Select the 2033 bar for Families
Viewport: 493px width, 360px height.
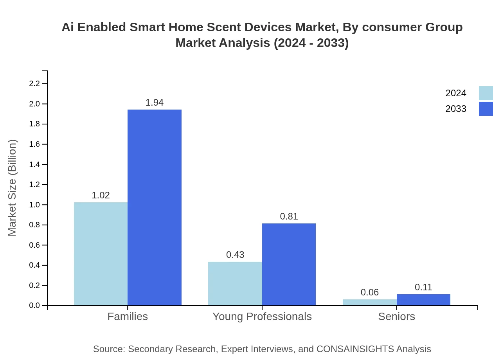[x=155, y=207]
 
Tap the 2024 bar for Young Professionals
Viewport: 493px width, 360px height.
[x=235, y=283]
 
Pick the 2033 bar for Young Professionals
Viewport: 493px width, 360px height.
[x=289, y=264]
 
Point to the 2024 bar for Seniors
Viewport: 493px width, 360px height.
[x=369, y=302]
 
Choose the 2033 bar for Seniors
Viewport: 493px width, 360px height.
[x=423, y=300]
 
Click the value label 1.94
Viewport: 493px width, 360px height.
[x=155, y=103]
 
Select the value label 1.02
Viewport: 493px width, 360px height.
[x=101, y=195]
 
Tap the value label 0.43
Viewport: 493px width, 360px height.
[x=235, y=255]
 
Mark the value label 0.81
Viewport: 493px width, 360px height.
[x=289, y=216]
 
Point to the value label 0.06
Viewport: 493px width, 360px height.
[x=369, y=292]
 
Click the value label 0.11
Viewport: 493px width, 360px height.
[x=423, y=287]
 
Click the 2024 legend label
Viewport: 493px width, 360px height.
[x=455, y=93]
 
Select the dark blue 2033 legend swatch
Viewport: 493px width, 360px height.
[x=486, y=109]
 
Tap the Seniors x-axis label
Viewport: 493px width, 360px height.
[x=396, y=316]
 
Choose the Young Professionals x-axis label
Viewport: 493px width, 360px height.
[x=262, y=316]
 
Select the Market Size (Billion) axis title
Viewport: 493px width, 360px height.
[x=13, y=188]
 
